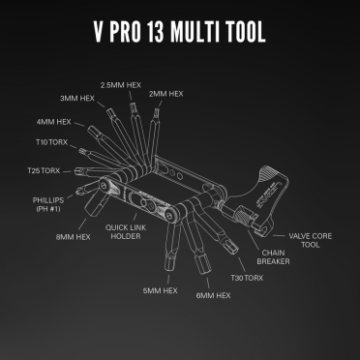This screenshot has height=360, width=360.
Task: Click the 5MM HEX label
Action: point(160,290)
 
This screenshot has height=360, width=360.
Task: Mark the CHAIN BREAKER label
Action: point(274,255)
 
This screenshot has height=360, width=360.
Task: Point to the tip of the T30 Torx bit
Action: point(232,251)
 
